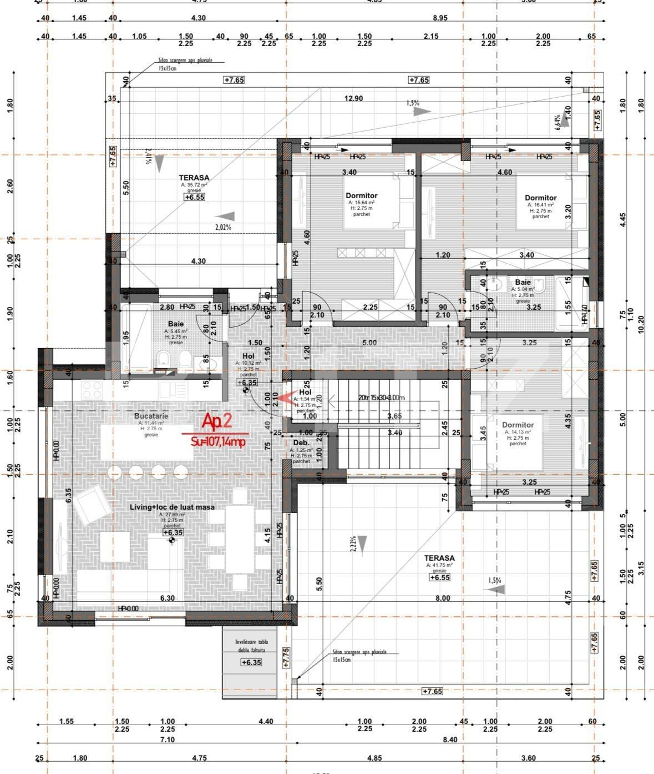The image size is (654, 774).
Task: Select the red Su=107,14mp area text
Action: (x=217, y=442)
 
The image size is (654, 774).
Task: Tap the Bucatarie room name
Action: (x=151, y=416)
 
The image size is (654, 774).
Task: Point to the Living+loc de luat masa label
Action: (x=172, y=507)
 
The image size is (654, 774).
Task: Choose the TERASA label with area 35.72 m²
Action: (x=194, y=178)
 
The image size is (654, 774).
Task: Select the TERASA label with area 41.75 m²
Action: (x=439, y=558)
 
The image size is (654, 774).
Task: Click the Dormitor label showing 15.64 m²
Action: (x=361, y=195)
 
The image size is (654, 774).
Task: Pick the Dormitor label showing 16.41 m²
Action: (x=540, y=198)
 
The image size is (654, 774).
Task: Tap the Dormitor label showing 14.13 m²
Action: (x=518, y=425)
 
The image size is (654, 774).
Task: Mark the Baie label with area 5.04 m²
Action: (x=523, y=282)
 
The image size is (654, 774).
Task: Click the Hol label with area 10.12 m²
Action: (x=248, y=356)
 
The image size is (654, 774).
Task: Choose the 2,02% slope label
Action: (x=223, y=227)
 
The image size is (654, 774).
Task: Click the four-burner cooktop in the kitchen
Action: (x=94, y=390)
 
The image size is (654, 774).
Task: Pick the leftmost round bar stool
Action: (x=115, y=473)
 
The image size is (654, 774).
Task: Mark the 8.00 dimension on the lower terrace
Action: (x=442, y=598)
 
